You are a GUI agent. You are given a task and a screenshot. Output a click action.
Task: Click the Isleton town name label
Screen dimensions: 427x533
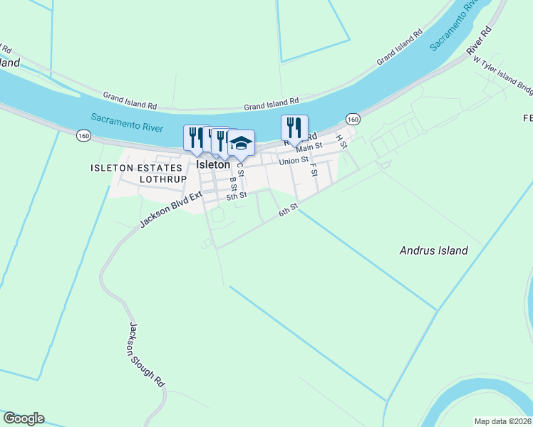[x=213, y=164]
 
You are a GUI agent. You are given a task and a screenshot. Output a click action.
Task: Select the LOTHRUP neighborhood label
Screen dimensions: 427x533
[x=162, y=179]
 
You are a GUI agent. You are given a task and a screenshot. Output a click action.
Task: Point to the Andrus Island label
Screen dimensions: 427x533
[x=433, y=251]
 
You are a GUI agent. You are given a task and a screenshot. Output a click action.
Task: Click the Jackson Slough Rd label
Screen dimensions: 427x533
[x=147, y=354]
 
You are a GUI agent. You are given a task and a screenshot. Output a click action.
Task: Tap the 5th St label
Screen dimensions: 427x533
[x=237, y=195]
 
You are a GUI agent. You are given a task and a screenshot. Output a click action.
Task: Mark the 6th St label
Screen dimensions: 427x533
[x=287, y=211]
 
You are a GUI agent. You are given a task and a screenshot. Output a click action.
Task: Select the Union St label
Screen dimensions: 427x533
[x=293, y=161]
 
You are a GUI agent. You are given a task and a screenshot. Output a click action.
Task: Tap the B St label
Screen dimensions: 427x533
[x=232, y=184]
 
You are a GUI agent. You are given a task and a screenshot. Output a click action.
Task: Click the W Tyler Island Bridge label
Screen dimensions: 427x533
[x=503, y=75]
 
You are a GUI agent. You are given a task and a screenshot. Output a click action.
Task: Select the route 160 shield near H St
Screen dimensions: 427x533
[x=353, y=118]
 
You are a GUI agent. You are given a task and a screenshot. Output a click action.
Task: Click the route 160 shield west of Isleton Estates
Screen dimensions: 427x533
[x=84, y=135]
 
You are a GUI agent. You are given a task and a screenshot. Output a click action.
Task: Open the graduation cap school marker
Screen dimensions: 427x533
[x=241, y=144]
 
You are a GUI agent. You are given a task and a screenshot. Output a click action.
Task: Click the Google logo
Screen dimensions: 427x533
[x=24, y=418]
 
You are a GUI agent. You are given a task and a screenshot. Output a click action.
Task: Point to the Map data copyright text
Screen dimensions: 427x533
[x=503, y=421]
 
